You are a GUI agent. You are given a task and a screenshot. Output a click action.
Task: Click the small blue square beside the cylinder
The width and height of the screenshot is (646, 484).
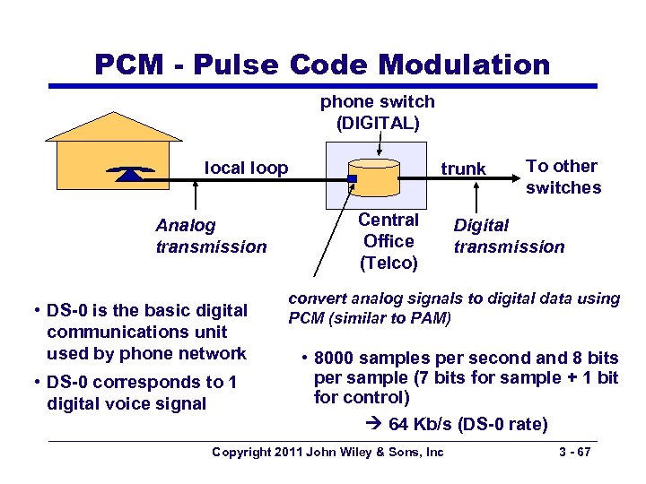pyautogui.click(x=353, y=179)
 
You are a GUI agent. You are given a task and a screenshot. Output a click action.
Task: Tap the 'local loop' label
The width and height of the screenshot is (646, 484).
pyautogui.click(x=247, y=168)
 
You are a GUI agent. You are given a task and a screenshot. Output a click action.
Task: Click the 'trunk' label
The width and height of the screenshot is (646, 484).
pyautogui.click(x=463, y=169)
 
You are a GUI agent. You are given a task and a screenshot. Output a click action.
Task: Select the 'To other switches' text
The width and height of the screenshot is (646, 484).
pyautogui.click(x=563, y=177)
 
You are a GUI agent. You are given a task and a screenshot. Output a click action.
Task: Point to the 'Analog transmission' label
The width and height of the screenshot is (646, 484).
pyautogui.click(x=211, y=236)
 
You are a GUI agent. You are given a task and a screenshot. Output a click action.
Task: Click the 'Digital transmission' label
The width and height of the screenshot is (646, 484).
pyautogui.click(x=509, y=236)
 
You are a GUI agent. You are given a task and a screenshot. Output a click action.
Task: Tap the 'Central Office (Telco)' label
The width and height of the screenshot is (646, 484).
pyautogui.click(x=388, y=241)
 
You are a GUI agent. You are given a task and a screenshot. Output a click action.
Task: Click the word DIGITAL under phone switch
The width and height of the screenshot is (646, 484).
pyautogui.click(x=378, y=123)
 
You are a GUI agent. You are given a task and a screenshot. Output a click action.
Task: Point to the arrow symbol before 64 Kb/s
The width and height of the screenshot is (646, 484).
pyautogui.click(x=375, y=423)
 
